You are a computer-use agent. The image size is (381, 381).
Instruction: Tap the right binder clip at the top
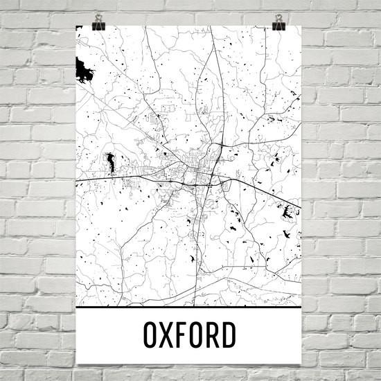[x=279, y=21]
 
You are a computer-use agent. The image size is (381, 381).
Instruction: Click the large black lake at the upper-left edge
[x=83, y=69]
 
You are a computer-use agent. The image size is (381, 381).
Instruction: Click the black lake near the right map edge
[x=287, y=213]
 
